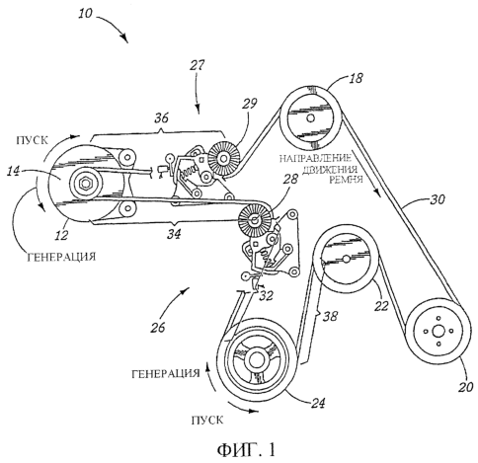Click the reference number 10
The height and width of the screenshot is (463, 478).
86,14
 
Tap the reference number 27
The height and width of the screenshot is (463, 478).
198,65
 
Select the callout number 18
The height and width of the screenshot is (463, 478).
356,78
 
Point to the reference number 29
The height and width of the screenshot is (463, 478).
249,104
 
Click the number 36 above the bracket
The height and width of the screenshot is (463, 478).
162,117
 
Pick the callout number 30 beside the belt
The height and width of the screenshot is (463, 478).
438,199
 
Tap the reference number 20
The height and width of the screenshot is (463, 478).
465,387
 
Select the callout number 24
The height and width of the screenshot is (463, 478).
317,403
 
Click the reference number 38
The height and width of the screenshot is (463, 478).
330,316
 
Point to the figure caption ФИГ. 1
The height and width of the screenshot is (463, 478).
246,449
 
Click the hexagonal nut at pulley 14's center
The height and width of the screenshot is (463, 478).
86,183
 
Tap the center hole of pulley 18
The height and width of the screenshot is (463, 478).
310,117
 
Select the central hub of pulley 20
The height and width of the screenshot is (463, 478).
438,332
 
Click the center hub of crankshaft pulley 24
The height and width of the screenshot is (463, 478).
255,361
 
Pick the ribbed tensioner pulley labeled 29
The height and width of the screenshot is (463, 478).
224,159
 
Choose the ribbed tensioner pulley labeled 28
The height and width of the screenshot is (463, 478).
255,220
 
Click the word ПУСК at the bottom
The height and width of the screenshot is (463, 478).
207,420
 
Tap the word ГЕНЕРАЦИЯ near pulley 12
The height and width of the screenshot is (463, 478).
61,257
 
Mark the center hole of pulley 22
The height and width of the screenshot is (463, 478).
346,259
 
